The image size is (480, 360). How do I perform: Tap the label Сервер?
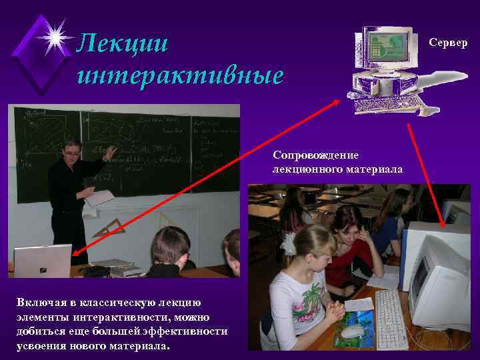448,43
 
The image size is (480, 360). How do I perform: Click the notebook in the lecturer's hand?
100,197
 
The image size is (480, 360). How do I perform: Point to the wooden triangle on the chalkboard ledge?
111,227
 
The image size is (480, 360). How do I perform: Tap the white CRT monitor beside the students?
437,280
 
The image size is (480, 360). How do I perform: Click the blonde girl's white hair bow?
288,243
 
